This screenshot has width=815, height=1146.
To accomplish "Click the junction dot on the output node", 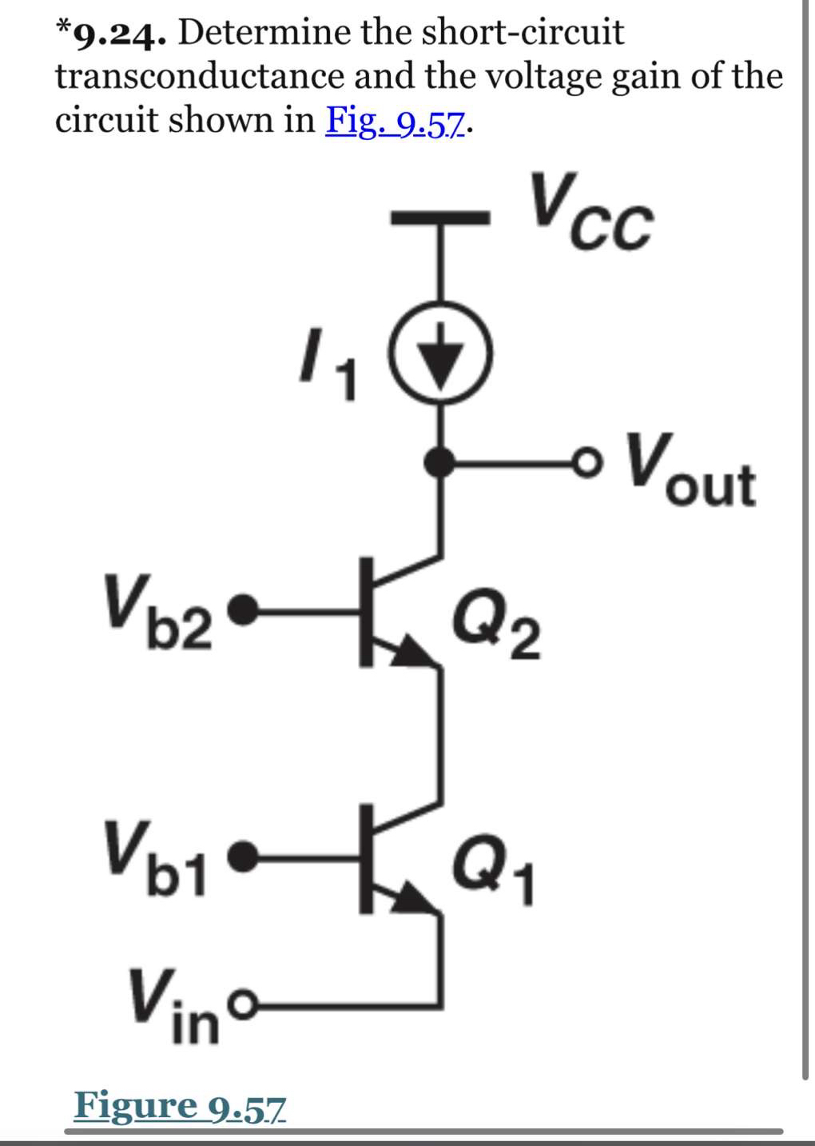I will click(439, 461).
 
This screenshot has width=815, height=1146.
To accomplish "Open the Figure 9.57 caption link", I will click(179, 1106).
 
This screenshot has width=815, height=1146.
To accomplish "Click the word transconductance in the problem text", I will click(200, 77).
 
